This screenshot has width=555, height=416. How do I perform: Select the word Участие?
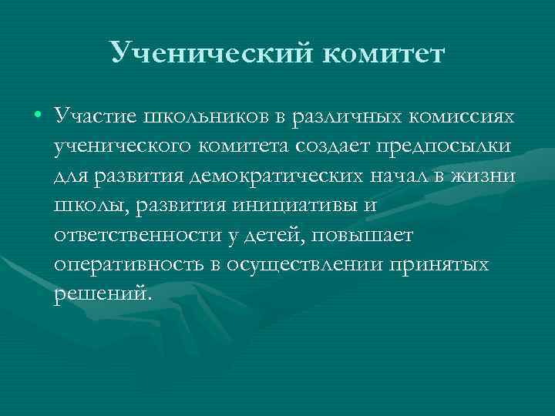click(x=93, y=115)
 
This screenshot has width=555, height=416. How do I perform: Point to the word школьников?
click(x=196, y=115)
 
